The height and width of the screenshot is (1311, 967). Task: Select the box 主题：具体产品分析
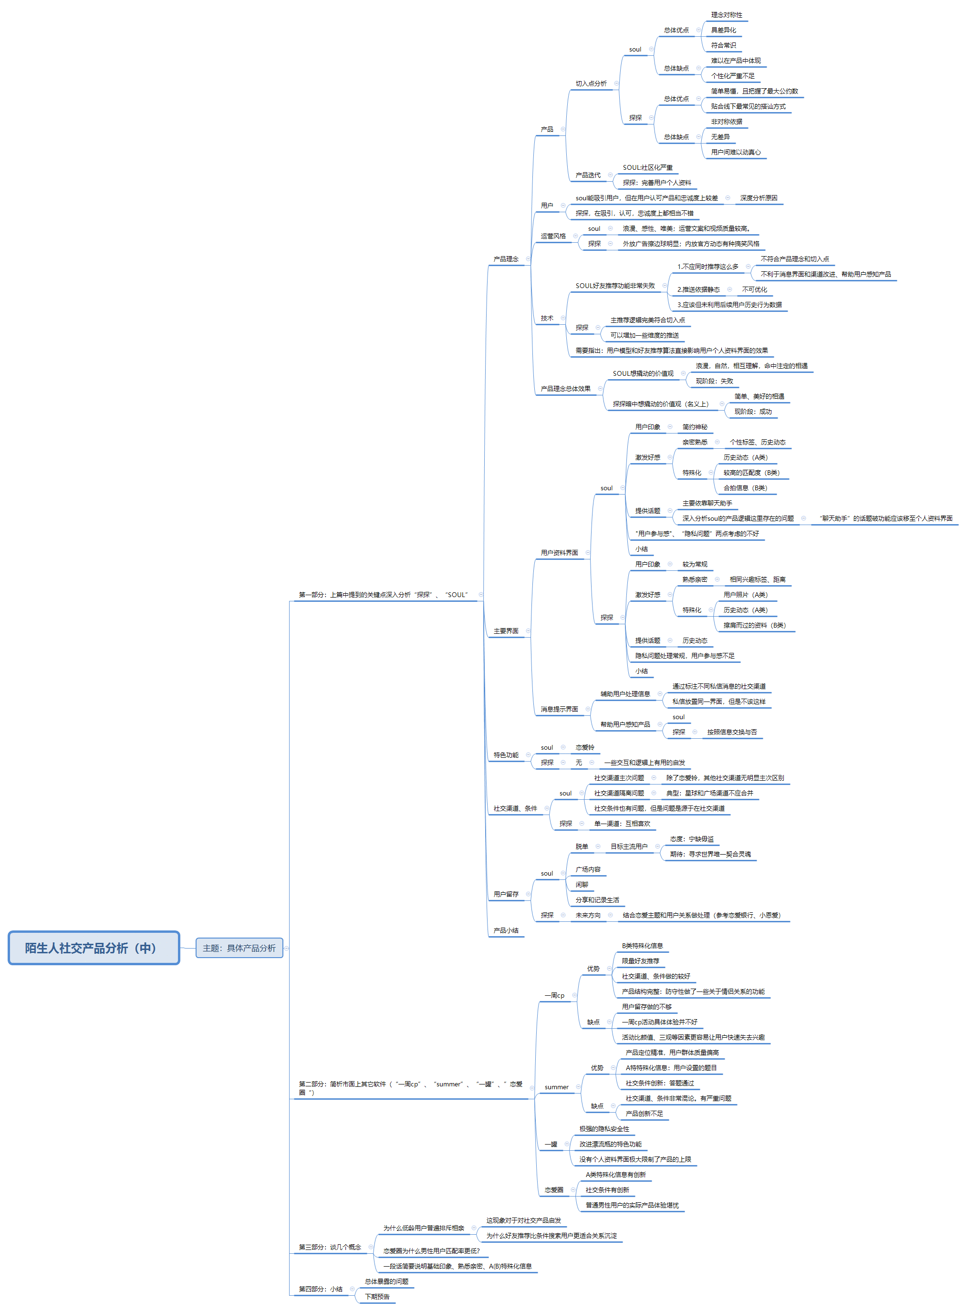(x=239, y=948)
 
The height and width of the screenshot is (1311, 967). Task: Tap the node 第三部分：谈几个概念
(x=330, y=1247)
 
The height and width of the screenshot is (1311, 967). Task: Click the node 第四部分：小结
(x=320, y=1289)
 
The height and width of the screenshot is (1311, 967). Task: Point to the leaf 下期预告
(x=377, y=1296)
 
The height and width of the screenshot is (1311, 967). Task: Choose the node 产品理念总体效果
(x=565, y=389)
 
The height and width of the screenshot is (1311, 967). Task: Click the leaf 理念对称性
(x=727, y=15)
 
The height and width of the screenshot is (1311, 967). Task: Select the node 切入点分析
(x=591, y=83)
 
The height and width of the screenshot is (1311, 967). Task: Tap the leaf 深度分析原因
(x=759, y=198)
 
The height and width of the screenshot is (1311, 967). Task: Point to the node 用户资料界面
(x=559, y=552)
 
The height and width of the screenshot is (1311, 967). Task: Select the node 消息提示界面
(x=559, y=709)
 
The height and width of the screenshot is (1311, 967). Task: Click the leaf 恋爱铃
(x=584, y=747)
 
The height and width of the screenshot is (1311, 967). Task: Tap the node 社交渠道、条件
(x=515, y=808)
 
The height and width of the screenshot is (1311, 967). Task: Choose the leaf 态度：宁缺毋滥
(x=691, y=839)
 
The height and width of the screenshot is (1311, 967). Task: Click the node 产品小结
(x=506, y=930)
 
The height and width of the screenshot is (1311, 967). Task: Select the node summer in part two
(x=556, y=1087)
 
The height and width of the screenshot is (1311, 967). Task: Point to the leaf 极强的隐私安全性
(x=604, y=1128)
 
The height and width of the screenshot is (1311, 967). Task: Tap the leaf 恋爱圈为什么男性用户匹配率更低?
(x=431, y=1251)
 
